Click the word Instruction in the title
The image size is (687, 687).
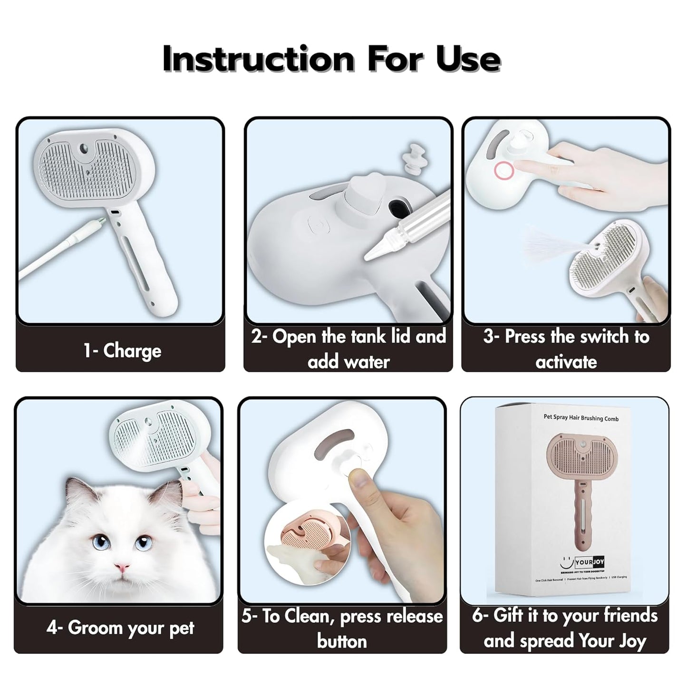[x=258, y=59]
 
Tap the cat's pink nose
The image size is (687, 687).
[x=122, y=568]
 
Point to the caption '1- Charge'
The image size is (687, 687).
[x=123, y=351]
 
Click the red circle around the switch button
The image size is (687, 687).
[x=503, y=170]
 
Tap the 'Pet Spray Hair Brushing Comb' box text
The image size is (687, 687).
[x=581, y=418]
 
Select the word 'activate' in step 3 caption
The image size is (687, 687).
[x=566, y=362]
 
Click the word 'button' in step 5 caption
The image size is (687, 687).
[x=342, y=641]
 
